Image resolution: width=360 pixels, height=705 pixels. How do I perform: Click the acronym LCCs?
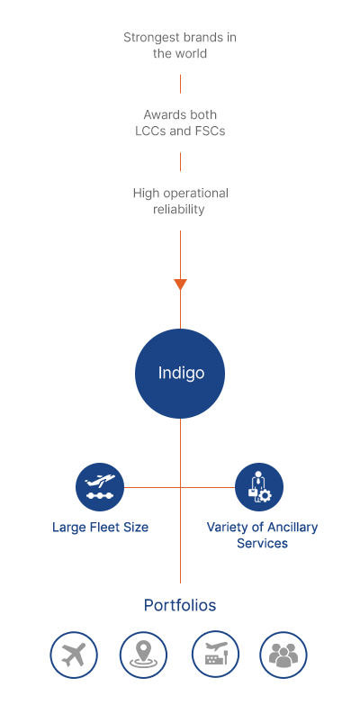click(x=149, y=131)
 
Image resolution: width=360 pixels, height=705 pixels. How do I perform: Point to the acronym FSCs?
click(x=211, y=131)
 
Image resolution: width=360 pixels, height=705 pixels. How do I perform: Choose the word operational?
click(x=195, y=194)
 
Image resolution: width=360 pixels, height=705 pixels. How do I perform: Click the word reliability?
click(x=179, y=210)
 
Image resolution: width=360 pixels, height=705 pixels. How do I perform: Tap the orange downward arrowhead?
click(x=180, y=285)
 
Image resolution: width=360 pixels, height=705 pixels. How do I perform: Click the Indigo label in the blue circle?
click(x=181, y=373)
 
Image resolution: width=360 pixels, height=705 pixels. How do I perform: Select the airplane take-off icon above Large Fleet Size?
click(x=100, y=487)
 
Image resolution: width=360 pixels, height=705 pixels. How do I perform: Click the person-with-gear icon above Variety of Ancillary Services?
click(x=259, y=487)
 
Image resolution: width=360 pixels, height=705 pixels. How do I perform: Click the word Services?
click(x=263, y=543)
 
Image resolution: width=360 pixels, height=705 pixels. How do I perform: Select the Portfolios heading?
click(x=180, y=605)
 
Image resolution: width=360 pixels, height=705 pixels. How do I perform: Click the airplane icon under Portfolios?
click(x=74, y=655)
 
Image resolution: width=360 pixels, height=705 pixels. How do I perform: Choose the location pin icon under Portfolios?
click(x=143, y=655)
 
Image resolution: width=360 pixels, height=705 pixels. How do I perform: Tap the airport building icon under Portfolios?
click(x=215, y=655)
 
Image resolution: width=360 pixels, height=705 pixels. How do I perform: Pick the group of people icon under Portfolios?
click(x=283, y=655)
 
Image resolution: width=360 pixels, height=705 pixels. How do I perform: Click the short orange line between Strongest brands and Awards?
click(x=180, y=84)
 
